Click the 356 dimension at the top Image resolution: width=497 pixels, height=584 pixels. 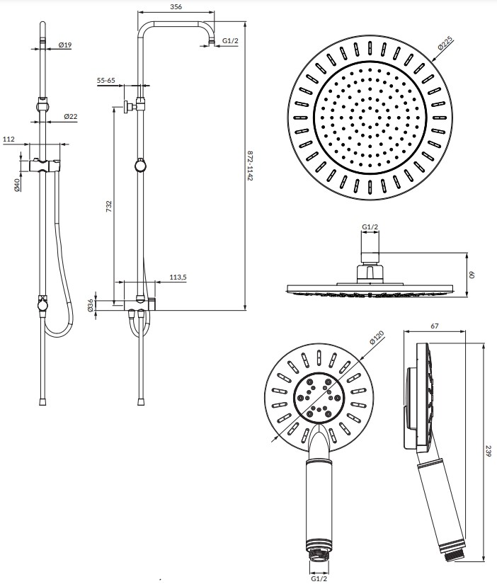pyautogui.click(x=177, y=6)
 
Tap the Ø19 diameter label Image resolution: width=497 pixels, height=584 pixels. pyautogui.click(x=65, y=45)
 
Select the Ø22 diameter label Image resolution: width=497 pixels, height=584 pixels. pyautogui.click(x=70, y=115)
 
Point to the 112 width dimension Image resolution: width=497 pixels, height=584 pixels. pyautogui.click(x=9, y=139)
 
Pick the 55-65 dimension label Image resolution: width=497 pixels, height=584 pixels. pyautogui.click(x=106, y=81)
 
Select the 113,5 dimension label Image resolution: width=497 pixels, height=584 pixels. pyautogui.click(x=178, y=277)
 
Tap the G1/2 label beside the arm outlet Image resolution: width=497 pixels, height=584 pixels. pyautogui.click(x=230, y=41)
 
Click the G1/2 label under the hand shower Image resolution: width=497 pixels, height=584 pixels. pyautogui.click(x=319, y=578)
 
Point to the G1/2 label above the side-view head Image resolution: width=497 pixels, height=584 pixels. pyautogui.click(x=370, y=227)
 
